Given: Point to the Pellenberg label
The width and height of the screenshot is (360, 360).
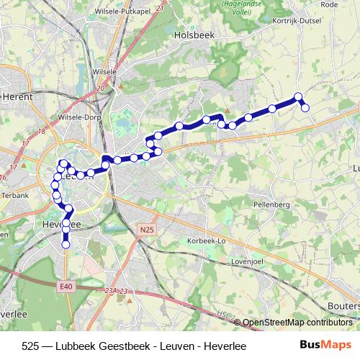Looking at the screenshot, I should click(271, 204).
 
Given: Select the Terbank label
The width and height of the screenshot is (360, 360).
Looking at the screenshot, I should click(14, 195).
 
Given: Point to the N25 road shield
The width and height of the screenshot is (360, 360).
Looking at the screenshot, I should click(147, 229).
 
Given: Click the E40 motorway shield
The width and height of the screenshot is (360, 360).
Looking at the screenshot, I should click(67, 287).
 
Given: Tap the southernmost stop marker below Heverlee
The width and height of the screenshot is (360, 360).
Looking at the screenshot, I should click(66, 245).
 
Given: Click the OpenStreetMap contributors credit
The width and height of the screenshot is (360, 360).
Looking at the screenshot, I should click(300, 322).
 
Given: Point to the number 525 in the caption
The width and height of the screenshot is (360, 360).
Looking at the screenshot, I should click(31, 346).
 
